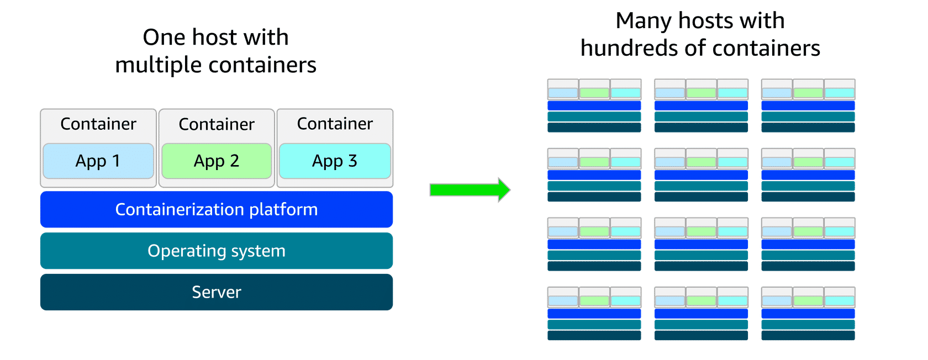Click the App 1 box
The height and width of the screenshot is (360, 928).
tap(98, 161)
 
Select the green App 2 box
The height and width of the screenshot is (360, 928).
tap(217, 161)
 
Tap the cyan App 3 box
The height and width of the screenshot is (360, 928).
tap(335, 161)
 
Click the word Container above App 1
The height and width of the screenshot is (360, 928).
tap(98, 124)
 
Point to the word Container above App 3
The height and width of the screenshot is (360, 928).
tap(335, 124)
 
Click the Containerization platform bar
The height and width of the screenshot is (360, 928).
tap(217, 209)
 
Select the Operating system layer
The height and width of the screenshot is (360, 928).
tap(217, 251)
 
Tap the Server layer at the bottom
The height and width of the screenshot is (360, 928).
tap(217, 292)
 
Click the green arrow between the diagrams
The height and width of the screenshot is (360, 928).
tap(470, 190)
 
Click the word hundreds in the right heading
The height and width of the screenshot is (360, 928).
tap(629, 49)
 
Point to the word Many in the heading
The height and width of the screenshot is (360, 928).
tap(643, 22)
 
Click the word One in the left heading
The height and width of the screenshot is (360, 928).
tap(164, 38)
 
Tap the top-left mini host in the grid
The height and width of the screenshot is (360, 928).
tap(594, 105)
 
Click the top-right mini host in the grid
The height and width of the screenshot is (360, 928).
tap(808, 105)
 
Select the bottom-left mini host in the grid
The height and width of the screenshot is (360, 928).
tap(594, 314)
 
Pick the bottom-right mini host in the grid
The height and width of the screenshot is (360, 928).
tap(808, 314)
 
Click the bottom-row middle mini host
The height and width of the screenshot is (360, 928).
tap(701, 314)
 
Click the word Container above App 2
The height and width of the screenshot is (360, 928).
tap(217, 124)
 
